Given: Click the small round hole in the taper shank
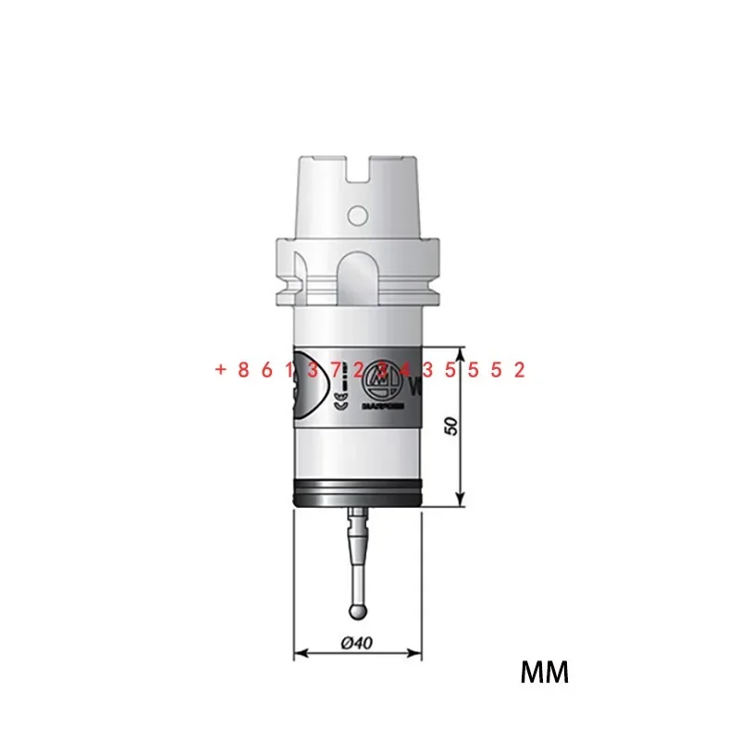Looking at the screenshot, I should (x=356, y=216).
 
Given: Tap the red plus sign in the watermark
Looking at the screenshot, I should (x=220, y=370).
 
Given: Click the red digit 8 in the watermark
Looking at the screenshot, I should (x=243, y=370).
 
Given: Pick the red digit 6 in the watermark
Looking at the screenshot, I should (x=266, y=370).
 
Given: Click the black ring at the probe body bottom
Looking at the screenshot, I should (x=357, y=495).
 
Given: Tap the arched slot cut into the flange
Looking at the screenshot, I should (x=357, y=276).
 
